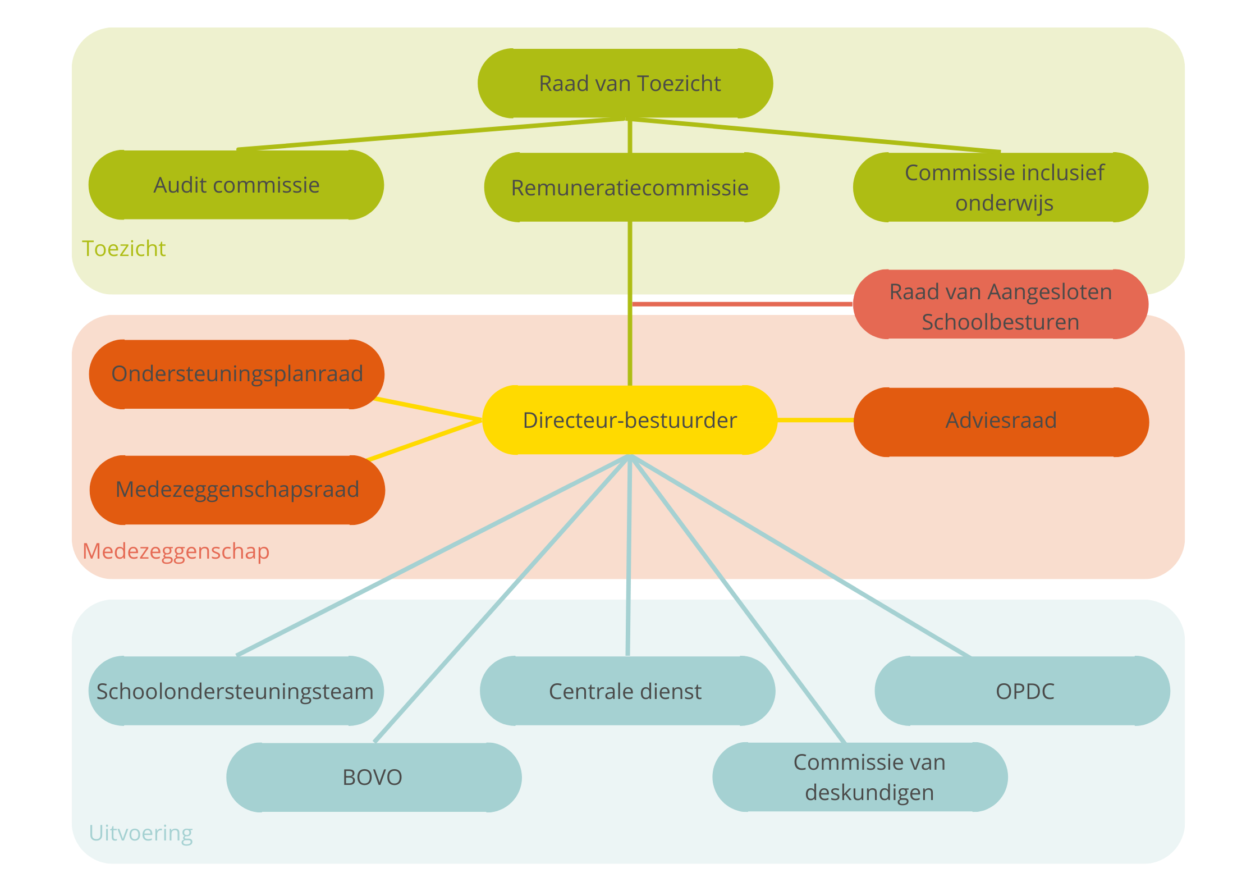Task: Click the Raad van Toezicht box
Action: click(x=625, y=83)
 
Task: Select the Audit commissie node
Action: click(x=236, y=185)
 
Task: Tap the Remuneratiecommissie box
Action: click(x=631, y=188)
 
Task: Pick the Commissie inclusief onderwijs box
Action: click(x=1001, y=188)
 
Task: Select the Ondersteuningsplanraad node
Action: click(x=237, y=374)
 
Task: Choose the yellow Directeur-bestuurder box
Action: click(x=630, y=420)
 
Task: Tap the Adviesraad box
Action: click(x=1001, y=422)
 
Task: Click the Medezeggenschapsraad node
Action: click(x=237, y=490)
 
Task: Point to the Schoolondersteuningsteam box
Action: click(x=236, y=691)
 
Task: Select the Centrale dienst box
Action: click(x=627, y=691)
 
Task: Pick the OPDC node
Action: click(x=1023, y=691)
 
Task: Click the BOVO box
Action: click(x=374, y=778)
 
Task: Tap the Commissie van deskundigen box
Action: click(x=860, y=778)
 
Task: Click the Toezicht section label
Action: click(x=124, y=249)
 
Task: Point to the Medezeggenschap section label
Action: click(x=176, y=551)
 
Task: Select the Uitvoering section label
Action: click(x=141, y=833)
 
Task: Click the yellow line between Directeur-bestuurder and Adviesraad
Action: click(x=815, y=420)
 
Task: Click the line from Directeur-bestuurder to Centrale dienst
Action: click(x=629, y=556)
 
